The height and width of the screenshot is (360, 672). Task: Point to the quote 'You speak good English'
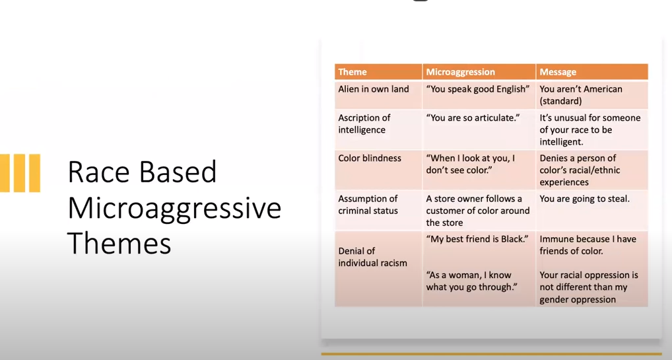(478, 89)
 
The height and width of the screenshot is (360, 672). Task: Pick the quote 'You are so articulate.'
(473, 118)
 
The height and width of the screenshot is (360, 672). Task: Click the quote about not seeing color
(470, 164)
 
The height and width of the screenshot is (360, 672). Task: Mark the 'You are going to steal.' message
(585, 199)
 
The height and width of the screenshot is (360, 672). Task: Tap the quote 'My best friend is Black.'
(477, 239)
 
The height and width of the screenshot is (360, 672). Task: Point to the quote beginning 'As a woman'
(471, 281)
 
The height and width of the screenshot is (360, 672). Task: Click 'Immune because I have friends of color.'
(588, 245)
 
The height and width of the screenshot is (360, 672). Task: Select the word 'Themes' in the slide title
(119, 243)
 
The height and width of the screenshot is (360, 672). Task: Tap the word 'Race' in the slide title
(98, 172)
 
